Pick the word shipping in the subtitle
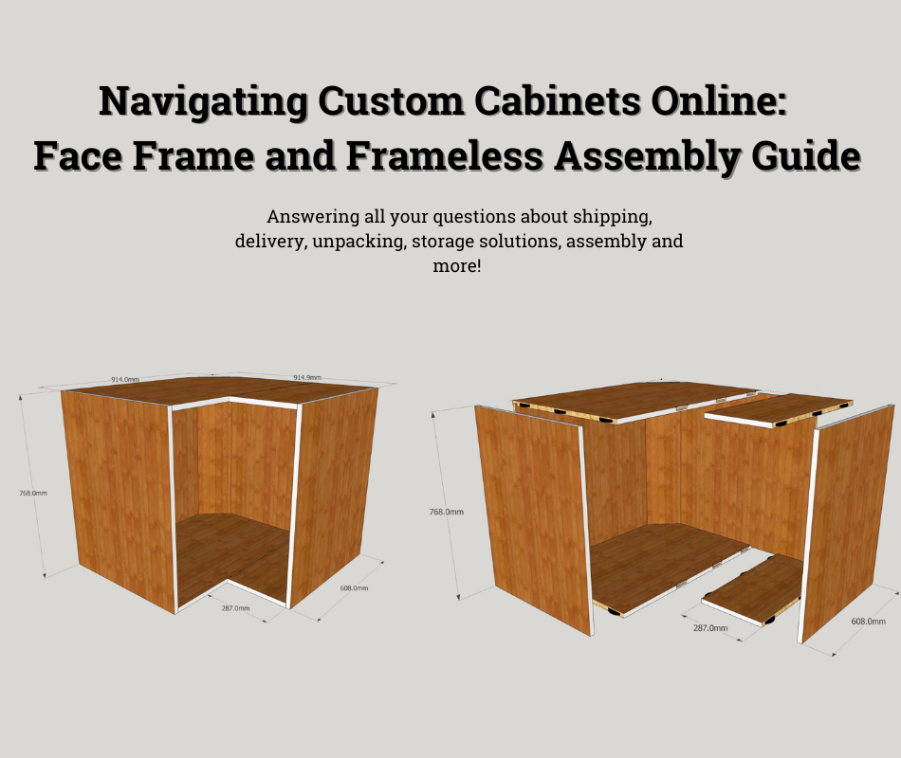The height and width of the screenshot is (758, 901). click(612, 215)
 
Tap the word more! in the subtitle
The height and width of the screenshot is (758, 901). click(457, 266)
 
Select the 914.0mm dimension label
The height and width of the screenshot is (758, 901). click(125, 379)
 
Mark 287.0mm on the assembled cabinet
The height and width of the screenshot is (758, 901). click(235, 607)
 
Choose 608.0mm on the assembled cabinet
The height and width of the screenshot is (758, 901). click(353, 588)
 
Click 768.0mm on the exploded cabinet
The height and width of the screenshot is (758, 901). click(446, 512)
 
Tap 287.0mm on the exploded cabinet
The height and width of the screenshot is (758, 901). click(710, 627)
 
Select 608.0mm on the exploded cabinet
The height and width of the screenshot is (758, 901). click(868, 622)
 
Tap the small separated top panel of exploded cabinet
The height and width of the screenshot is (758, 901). click(778, 407)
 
